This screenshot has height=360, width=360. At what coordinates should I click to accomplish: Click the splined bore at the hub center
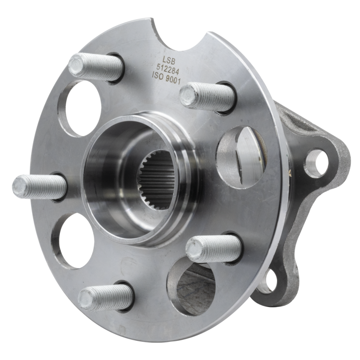154,182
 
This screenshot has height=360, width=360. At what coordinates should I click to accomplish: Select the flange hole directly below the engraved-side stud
237,150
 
